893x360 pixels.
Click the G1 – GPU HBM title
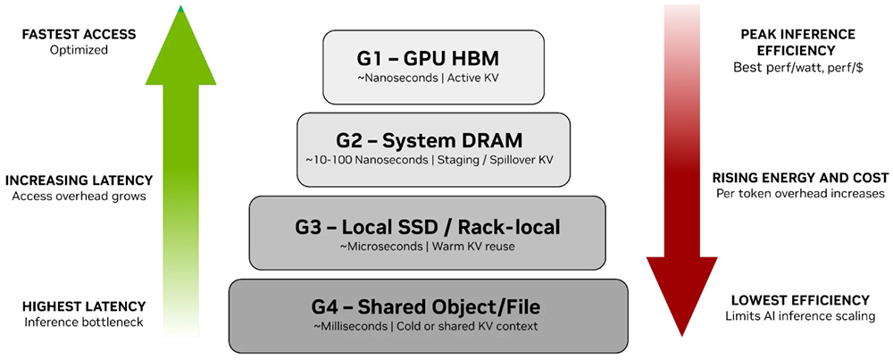pos(433,60)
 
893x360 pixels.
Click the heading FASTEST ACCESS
pos(79,35)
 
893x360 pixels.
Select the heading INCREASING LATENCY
pos(79,180)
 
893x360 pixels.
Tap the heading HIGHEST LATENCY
pos(79,306)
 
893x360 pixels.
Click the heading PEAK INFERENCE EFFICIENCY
pos(797,43)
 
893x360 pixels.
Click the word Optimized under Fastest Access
pos(79,50)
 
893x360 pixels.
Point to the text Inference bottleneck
pos(79,322)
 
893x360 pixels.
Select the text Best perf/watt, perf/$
pos(798,67)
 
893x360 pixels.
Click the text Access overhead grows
pos(79,196)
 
